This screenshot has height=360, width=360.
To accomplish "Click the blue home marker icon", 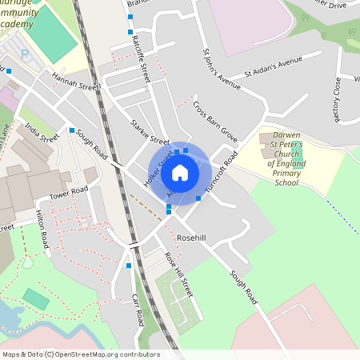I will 180,173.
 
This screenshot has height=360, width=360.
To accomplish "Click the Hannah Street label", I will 76,81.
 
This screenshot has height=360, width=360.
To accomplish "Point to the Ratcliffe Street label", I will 142,58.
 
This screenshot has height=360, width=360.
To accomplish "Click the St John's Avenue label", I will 222,70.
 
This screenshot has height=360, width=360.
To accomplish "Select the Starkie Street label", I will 149,131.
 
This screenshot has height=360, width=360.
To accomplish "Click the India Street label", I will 41,131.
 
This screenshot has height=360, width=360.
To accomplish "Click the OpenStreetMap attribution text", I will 80,354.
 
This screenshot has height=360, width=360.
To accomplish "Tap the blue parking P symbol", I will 25,54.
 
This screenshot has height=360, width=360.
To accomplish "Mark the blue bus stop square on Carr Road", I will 129,266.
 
